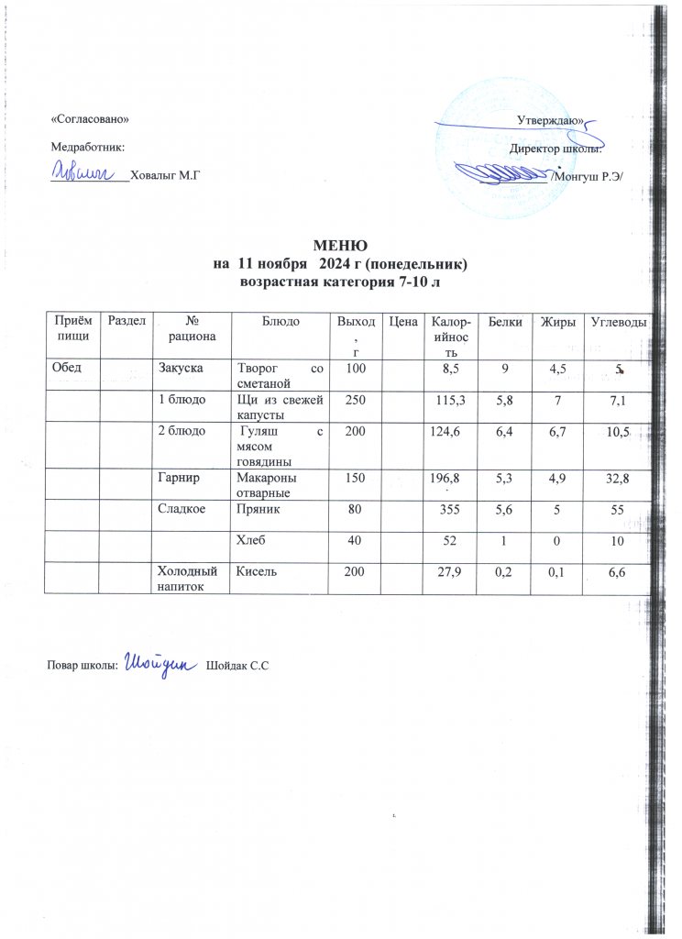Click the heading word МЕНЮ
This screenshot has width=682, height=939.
click(340, 246)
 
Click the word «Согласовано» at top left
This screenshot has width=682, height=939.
click(83, 120)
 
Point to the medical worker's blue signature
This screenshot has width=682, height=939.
click(83, 171)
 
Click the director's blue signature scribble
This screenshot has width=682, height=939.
click(501, 171)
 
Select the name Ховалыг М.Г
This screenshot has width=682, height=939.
click(166, 174)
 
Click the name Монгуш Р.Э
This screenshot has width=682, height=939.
click(588, 174)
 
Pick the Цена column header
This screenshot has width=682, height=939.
click(403, 321)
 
